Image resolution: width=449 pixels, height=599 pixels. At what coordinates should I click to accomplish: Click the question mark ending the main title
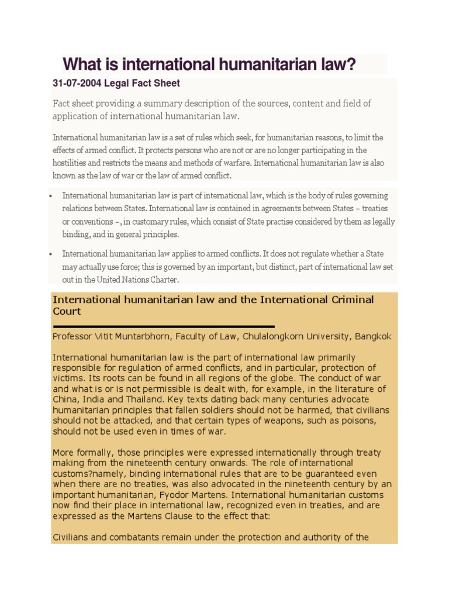coord(351,64)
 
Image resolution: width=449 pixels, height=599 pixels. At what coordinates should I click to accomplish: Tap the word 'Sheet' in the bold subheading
coord(167,84)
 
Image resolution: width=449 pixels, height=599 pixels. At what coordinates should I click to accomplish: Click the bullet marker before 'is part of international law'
coord(52,196)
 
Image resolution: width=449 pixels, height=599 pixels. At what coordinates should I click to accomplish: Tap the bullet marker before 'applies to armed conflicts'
coord(52,254)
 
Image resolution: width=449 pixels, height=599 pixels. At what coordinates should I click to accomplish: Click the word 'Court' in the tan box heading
coord(67,312)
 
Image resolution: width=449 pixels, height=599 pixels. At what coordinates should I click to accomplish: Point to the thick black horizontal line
coord(164,326)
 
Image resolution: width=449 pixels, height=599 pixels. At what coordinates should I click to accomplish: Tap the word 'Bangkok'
coord(371,336)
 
